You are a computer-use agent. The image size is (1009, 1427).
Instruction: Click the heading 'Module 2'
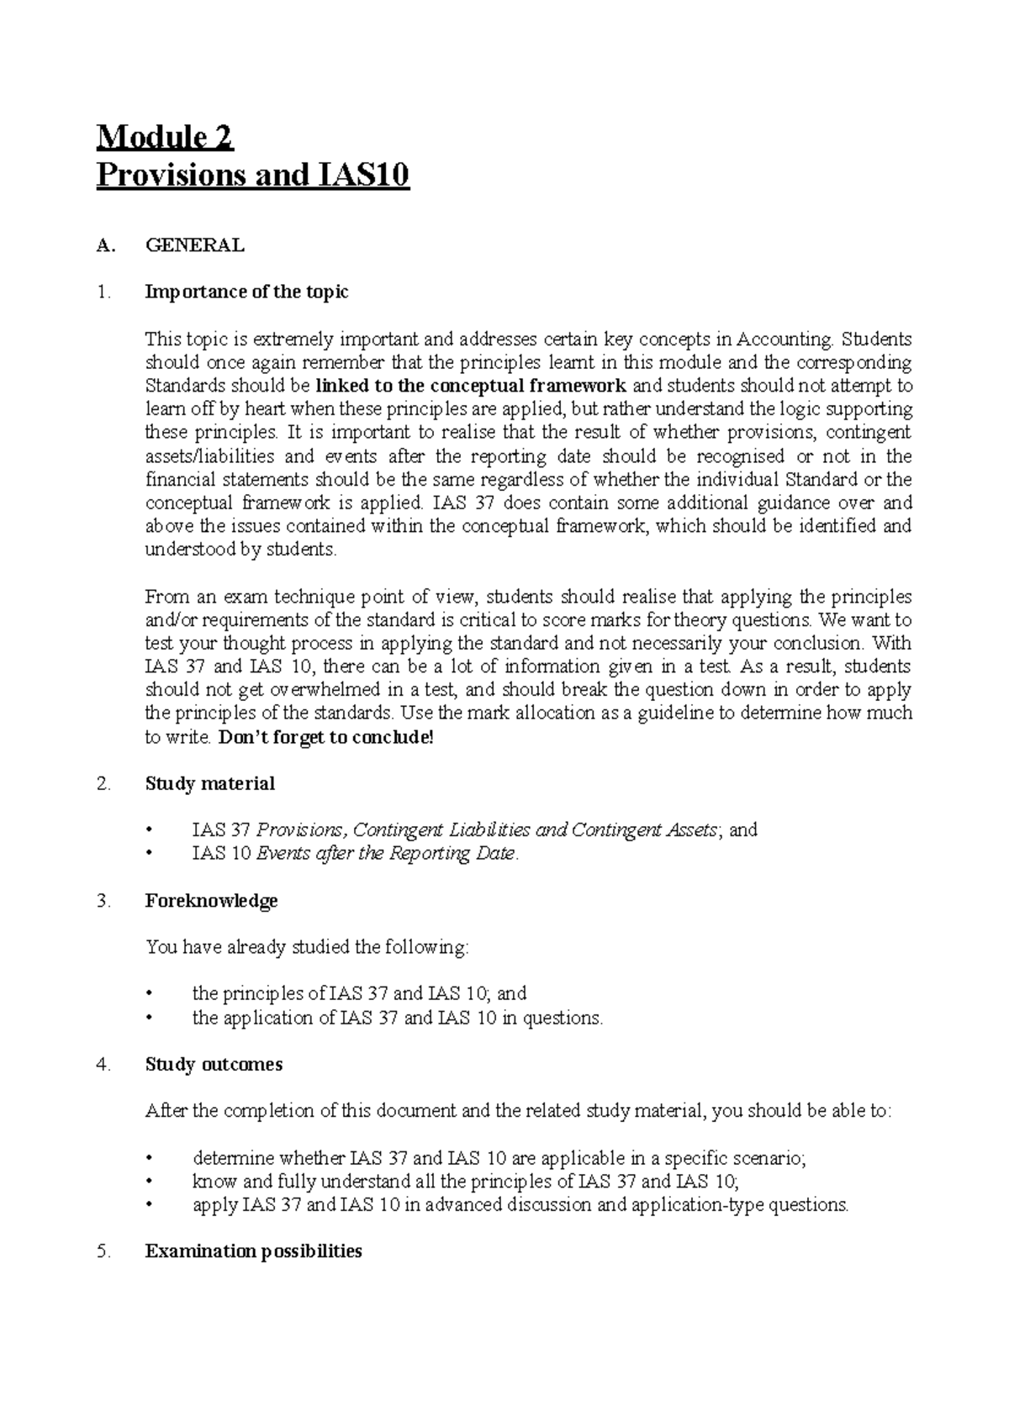(x=166, y=137)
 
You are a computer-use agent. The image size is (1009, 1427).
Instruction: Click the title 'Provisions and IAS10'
(x=252, y=176)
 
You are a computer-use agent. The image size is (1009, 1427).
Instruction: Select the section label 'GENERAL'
(x=195, y=245)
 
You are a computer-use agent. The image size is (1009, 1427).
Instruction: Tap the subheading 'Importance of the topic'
(x=246, y=292)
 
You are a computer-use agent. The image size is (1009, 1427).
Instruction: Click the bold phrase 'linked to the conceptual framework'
(x=472, y=387)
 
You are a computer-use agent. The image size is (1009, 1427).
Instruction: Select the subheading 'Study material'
(x=209, y=784)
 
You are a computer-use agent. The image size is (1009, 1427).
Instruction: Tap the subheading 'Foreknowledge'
(x=211, y=901)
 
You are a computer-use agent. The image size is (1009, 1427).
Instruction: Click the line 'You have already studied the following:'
(x=307, y=948)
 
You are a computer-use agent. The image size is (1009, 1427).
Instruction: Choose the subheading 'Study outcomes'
(x=214, y=1065)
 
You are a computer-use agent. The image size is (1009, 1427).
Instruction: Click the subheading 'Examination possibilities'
(x=253, y=1251)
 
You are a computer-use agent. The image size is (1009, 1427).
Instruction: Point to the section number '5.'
(x=103, y=1251)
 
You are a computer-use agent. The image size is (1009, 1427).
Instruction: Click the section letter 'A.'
(x=104, y=245)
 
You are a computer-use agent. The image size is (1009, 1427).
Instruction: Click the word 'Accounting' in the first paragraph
(x=784, y=340)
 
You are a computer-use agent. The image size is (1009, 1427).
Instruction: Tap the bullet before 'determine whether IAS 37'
(x=151, y=1159)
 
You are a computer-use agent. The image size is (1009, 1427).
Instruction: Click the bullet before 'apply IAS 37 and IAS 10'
(x=151, y=1205)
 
